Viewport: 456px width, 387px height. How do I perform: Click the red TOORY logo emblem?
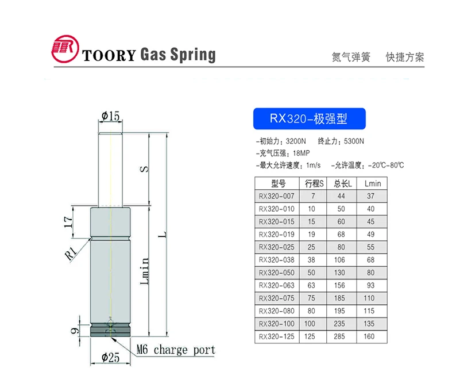pyautogui.click(x=65, y=52)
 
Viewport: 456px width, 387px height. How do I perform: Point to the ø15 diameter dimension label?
pyautogui.click(x=110, y=117)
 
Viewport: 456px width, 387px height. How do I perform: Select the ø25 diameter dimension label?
pyautogui.click(x=110, y=357)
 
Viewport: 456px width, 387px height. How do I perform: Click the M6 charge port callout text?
pyautogui.click(x=176, y=350)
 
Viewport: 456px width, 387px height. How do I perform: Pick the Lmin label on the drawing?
pyautogui.click(x=145, y=270)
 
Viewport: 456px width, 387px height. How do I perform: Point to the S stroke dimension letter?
pyautogui.click(x=145, y=169)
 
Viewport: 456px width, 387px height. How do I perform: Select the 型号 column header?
pyautogui.click(x=278, y=184)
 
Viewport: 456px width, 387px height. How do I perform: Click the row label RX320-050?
pyautogui.click(x=277, y=273)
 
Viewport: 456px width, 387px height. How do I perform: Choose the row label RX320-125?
pyautogui.click(x=277, y=336)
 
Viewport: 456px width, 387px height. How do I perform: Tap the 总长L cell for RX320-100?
pyautogui.click(x=342, y=324)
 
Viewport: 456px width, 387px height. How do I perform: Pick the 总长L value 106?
pyautogui.click(x=342, y=260)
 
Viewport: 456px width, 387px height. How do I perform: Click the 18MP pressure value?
pyautogui.click(x=302, y=154)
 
